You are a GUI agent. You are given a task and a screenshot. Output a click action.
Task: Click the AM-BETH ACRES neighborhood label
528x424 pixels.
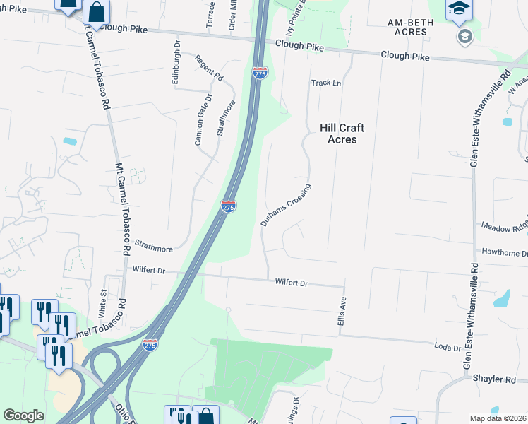pyautogui.click(x=410, y=27)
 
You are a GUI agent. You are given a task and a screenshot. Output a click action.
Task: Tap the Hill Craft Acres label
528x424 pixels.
pyautogui.click(x=342, y=134)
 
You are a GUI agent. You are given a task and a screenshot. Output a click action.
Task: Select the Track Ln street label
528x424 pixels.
pyautogui.click(x=326, y=83)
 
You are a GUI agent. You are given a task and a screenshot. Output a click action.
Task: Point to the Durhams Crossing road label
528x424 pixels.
pyautogui.click(x=286, y=205)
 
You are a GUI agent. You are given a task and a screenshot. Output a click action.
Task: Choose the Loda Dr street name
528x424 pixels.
pyautogui.click(x=448, y=348)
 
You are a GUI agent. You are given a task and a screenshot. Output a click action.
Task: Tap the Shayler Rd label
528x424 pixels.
pyautogui.click(x=495, y=379)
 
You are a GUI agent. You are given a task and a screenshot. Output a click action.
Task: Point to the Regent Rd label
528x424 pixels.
pyautogui.click(x=210, y=67)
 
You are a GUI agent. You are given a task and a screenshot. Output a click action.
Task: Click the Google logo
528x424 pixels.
pyautogui.click(x=23, y=416)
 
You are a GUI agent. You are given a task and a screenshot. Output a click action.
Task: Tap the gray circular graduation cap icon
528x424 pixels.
pyautogui.click(x=464, y=36)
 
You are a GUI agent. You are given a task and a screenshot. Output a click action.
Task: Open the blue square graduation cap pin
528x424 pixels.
pyautogui.click(x=459, y=8)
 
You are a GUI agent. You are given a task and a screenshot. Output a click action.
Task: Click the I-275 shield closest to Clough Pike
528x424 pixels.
pyautogui.click(x=259, y=72)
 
